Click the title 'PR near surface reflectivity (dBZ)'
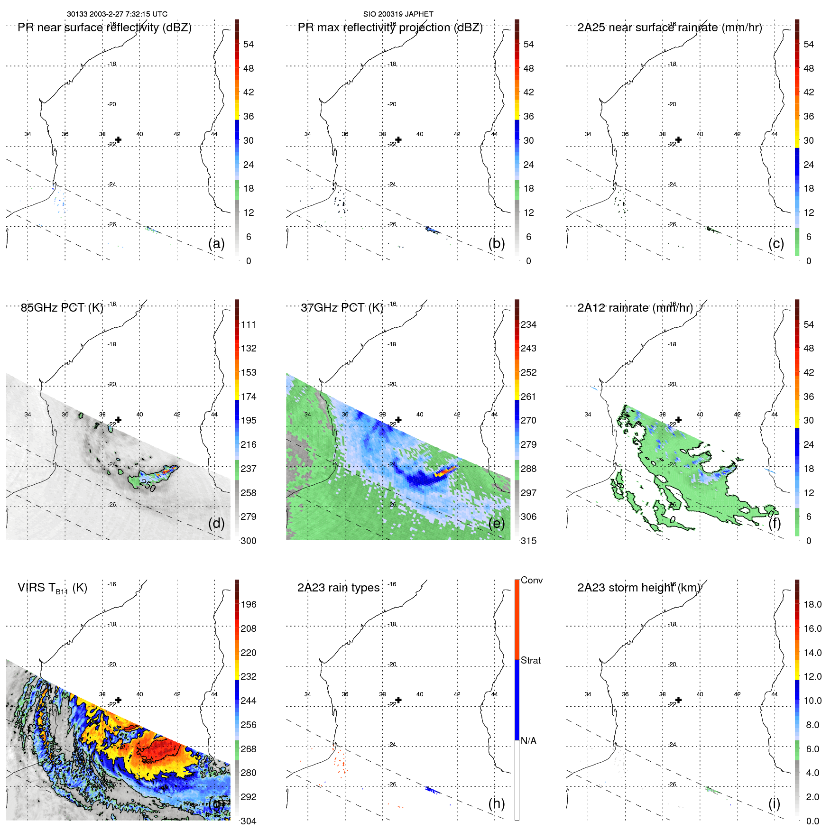[104, 28]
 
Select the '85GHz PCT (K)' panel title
[62, 308]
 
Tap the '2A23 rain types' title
[338, 588]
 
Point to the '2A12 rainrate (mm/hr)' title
[635, 308]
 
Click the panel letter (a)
[216, 243]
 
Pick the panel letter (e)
[496, 523]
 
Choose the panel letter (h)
[496, 803]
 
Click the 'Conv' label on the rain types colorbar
[531, 580]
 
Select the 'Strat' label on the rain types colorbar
[530, 660]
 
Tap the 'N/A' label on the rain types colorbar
[528, 741]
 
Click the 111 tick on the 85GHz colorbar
[249, 324]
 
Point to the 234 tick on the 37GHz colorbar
[528, 324]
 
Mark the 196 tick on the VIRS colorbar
[249, 604]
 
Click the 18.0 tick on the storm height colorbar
[812, 604]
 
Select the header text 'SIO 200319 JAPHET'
[398, 14]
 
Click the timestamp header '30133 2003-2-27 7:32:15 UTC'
[117, 14]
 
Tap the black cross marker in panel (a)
[119, 139]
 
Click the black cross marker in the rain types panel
[398, 700]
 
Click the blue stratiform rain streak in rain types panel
[433, 790]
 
